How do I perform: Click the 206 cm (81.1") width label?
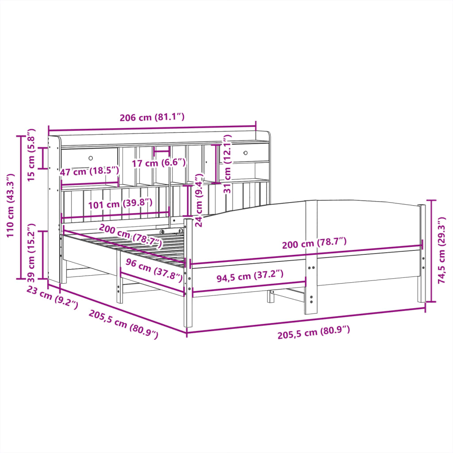click(x=152, y=118)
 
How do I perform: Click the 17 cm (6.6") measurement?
click(x=159, y=163)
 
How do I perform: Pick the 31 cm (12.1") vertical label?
click(x=227, y=164)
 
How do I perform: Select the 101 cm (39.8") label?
click(x=120, y=203)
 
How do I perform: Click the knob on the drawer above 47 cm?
click(x=91, y=158)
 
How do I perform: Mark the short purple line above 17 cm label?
click(x=161, y=151)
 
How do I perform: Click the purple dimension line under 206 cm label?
click(x=152, y=128)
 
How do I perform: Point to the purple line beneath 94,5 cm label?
click(x=249, y=286)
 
